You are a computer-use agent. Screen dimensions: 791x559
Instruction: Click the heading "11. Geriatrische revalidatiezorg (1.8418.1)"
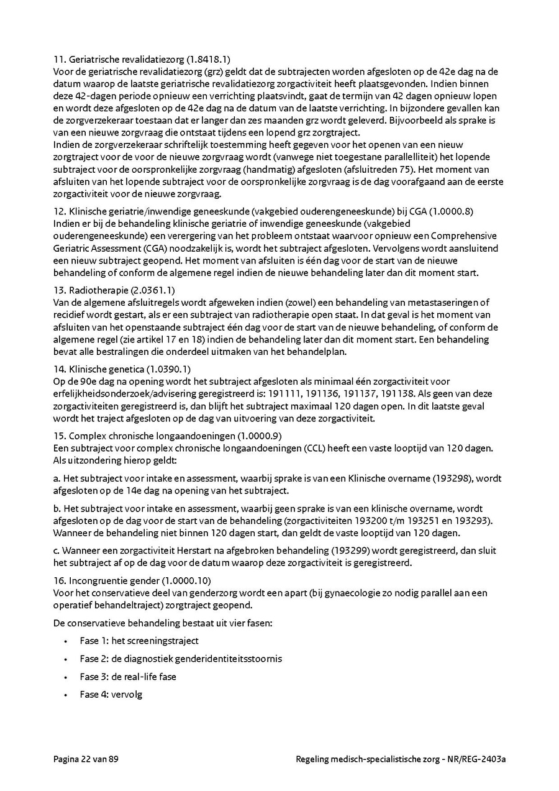tap(142, 60)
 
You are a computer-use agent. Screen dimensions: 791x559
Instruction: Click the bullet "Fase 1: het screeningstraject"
tap(139, 641)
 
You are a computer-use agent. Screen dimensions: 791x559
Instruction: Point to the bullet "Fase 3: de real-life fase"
tap(128, 677)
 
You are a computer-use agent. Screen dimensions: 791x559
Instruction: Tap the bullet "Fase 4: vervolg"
tap(111, 694)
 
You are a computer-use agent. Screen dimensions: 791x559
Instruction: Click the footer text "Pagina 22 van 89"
tap(86, 759)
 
